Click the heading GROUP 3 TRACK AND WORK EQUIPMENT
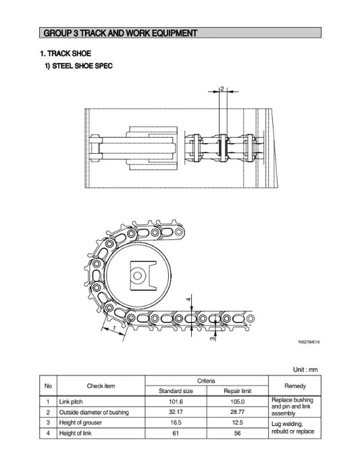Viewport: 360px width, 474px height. (x=120, y=32)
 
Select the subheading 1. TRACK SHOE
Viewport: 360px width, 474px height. (x=65, y=53)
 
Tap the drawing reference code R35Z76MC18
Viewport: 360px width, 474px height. (x=308, y=343)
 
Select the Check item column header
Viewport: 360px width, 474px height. (x=101, y=386)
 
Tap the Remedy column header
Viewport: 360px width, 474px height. (x=295, y=386)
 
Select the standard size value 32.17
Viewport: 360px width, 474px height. (x=176, y=411)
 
